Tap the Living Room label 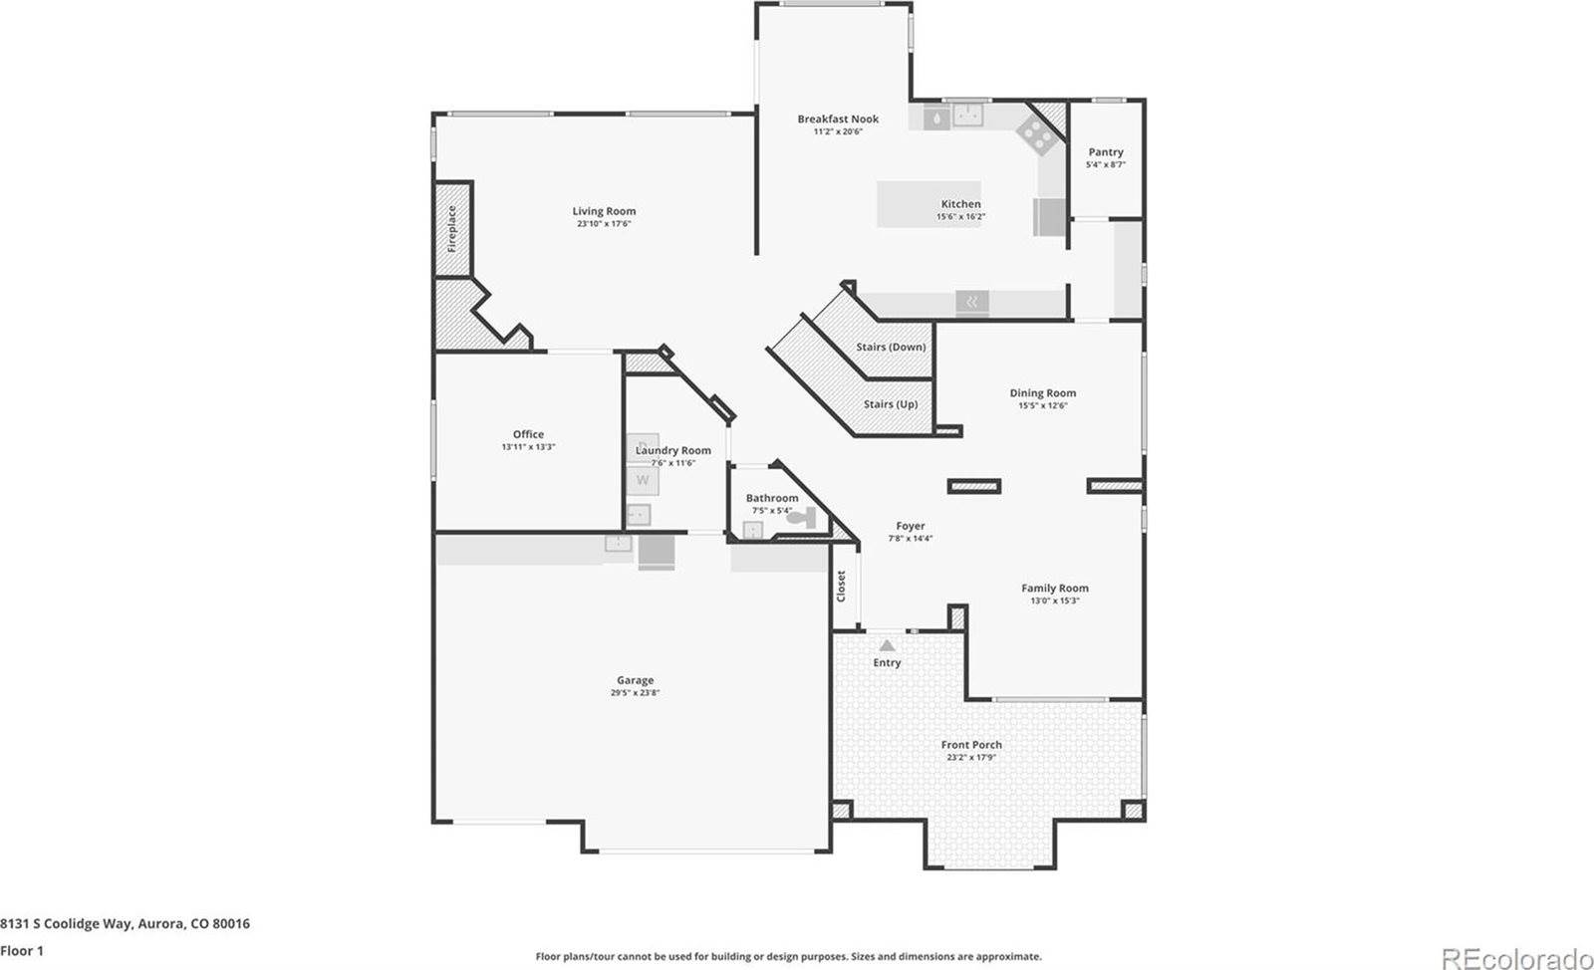coord(604,211)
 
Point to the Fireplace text coord(451,228)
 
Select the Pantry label coord(1105,152)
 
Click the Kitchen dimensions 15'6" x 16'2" coord(960,217)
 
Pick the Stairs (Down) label coord(891,347)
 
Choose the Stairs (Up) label coord(891,404)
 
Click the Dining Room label coord(1042,393)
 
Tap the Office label coord(528,434)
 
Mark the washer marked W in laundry coord(643,480)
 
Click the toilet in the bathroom coord(801,518)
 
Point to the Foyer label coord(910,526)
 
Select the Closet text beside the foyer coord(841,586)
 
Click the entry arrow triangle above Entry coord(887,645)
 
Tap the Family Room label coord(1054,589)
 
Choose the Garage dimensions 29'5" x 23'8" coord(635,693)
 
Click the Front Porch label coord(971,745)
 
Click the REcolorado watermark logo coord(1515,958)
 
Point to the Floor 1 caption coord(22,950)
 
